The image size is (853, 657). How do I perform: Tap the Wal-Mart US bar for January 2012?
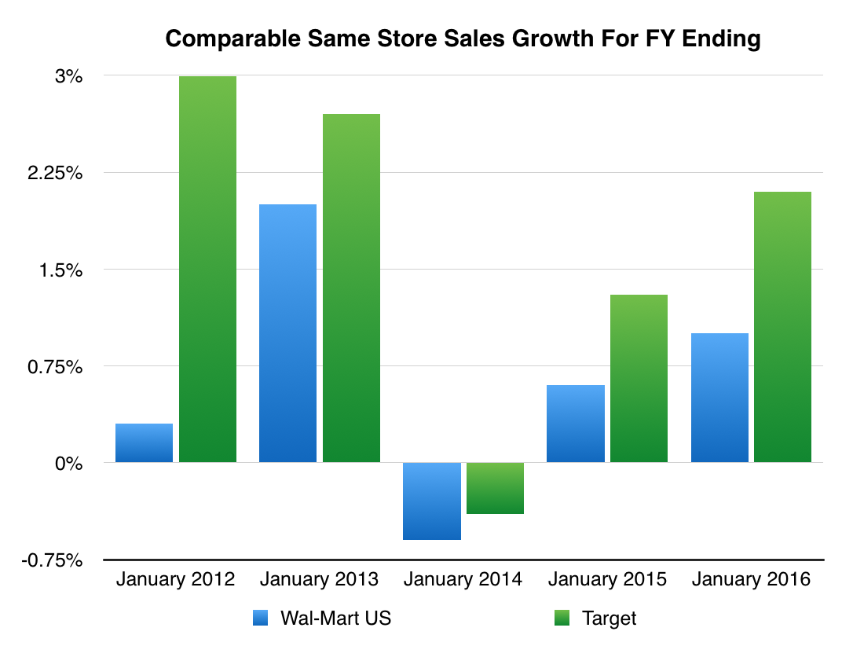coord(144,442)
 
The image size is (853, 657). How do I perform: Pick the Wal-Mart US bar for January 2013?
coord(287,333)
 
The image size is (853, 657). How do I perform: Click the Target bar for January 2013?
coord(351,288)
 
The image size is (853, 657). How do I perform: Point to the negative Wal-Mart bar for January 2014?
coord(431,501)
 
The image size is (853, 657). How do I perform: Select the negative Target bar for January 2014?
coord(495,488)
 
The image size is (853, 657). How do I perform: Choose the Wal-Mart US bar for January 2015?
coord(575,424)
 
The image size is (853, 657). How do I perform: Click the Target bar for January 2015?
coord(639,378)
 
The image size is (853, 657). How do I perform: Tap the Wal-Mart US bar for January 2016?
coord(719,398)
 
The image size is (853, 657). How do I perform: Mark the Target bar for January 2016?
coord(782,327)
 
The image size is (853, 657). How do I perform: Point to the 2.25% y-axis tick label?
coord(57,174)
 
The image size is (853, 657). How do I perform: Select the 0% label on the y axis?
coord(69,464)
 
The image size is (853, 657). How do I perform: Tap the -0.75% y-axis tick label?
coord(53,560)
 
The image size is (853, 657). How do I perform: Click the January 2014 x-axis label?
coord(463,580)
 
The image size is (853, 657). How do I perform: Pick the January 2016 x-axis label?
coord(751,580)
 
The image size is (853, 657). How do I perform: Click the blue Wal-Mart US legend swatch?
coord(261,618)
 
